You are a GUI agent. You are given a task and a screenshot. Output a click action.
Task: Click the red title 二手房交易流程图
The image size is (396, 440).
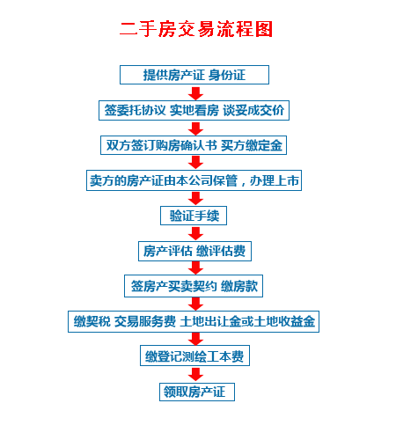[x=196, y=29]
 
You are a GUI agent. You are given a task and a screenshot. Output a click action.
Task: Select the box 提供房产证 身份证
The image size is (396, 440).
[x=194, y=75]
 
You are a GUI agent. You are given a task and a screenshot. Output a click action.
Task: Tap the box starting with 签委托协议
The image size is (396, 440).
[x=194, y=110]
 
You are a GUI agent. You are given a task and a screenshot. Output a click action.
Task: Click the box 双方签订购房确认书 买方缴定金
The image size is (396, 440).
[x=194, y=145]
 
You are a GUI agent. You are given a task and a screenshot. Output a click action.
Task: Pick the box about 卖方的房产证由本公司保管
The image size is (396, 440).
[x=194, y=180]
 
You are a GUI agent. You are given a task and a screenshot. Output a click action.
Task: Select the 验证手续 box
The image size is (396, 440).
[x=194, y=216]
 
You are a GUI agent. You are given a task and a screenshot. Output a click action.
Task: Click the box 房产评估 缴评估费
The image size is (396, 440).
[x=194, y=251]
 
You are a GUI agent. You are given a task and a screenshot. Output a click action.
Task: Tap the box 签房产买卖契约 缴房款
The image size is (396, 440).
[x=194, y=286]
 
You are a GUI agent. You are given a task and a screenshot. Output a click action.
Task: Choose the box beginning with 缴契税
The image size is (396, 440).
[x=194, y=321]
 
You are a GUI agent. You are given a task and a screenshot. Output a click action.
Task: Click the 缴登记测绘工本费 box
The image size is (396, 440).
[x=194, y=356]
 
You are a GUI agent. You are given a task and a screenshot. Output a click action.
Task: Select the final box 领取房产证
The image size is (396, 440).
[x=197, y=392]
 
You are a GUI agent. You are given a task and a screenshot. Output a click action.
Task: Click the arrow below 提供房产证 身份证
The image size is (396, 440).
[x=195, y=93]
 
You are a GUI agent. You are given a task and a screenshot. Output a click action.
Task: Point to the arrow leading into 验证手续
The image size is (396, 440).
[x=195, y=199]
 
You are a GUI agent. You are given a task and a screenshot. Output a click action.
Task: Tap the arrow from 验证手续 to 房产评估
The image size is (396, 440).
[x=195, y=233]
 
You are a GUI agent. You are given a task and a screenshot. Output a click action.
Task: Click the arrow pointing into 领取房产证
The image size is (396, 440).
[x=195, y=375]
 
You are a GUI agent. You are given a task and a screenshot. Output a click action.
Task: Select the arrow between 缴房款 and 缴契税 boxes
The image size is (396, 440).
[x=195, y=304]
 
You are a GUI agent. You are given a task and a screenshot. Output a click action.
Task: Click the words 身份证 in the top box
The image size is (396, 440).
[x=227, y=75]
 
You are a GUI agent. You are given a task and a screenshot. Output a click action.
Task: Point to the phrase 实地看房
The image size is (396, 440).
[x=194, y=110]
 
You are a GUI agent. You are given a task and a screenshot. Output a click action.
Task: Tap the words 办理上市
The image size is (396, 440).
[x=274, y=180]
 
